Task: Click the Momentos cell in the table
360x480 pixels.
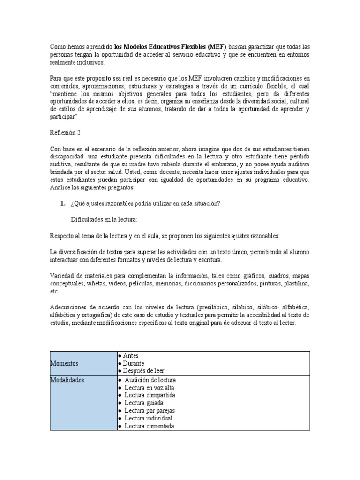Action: pos(65,363)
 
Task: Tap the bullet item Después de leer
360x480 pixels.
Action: pos(141,371)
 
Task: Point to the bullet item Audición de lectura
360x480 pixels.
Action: pos(150,380)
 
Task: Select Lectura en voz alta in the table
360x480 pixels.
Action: pos(147,388)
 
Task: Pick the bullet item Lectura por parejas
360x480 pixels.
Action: pos(149,410)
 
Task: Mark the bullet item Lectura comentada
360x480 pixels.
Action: pos(149,426)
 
